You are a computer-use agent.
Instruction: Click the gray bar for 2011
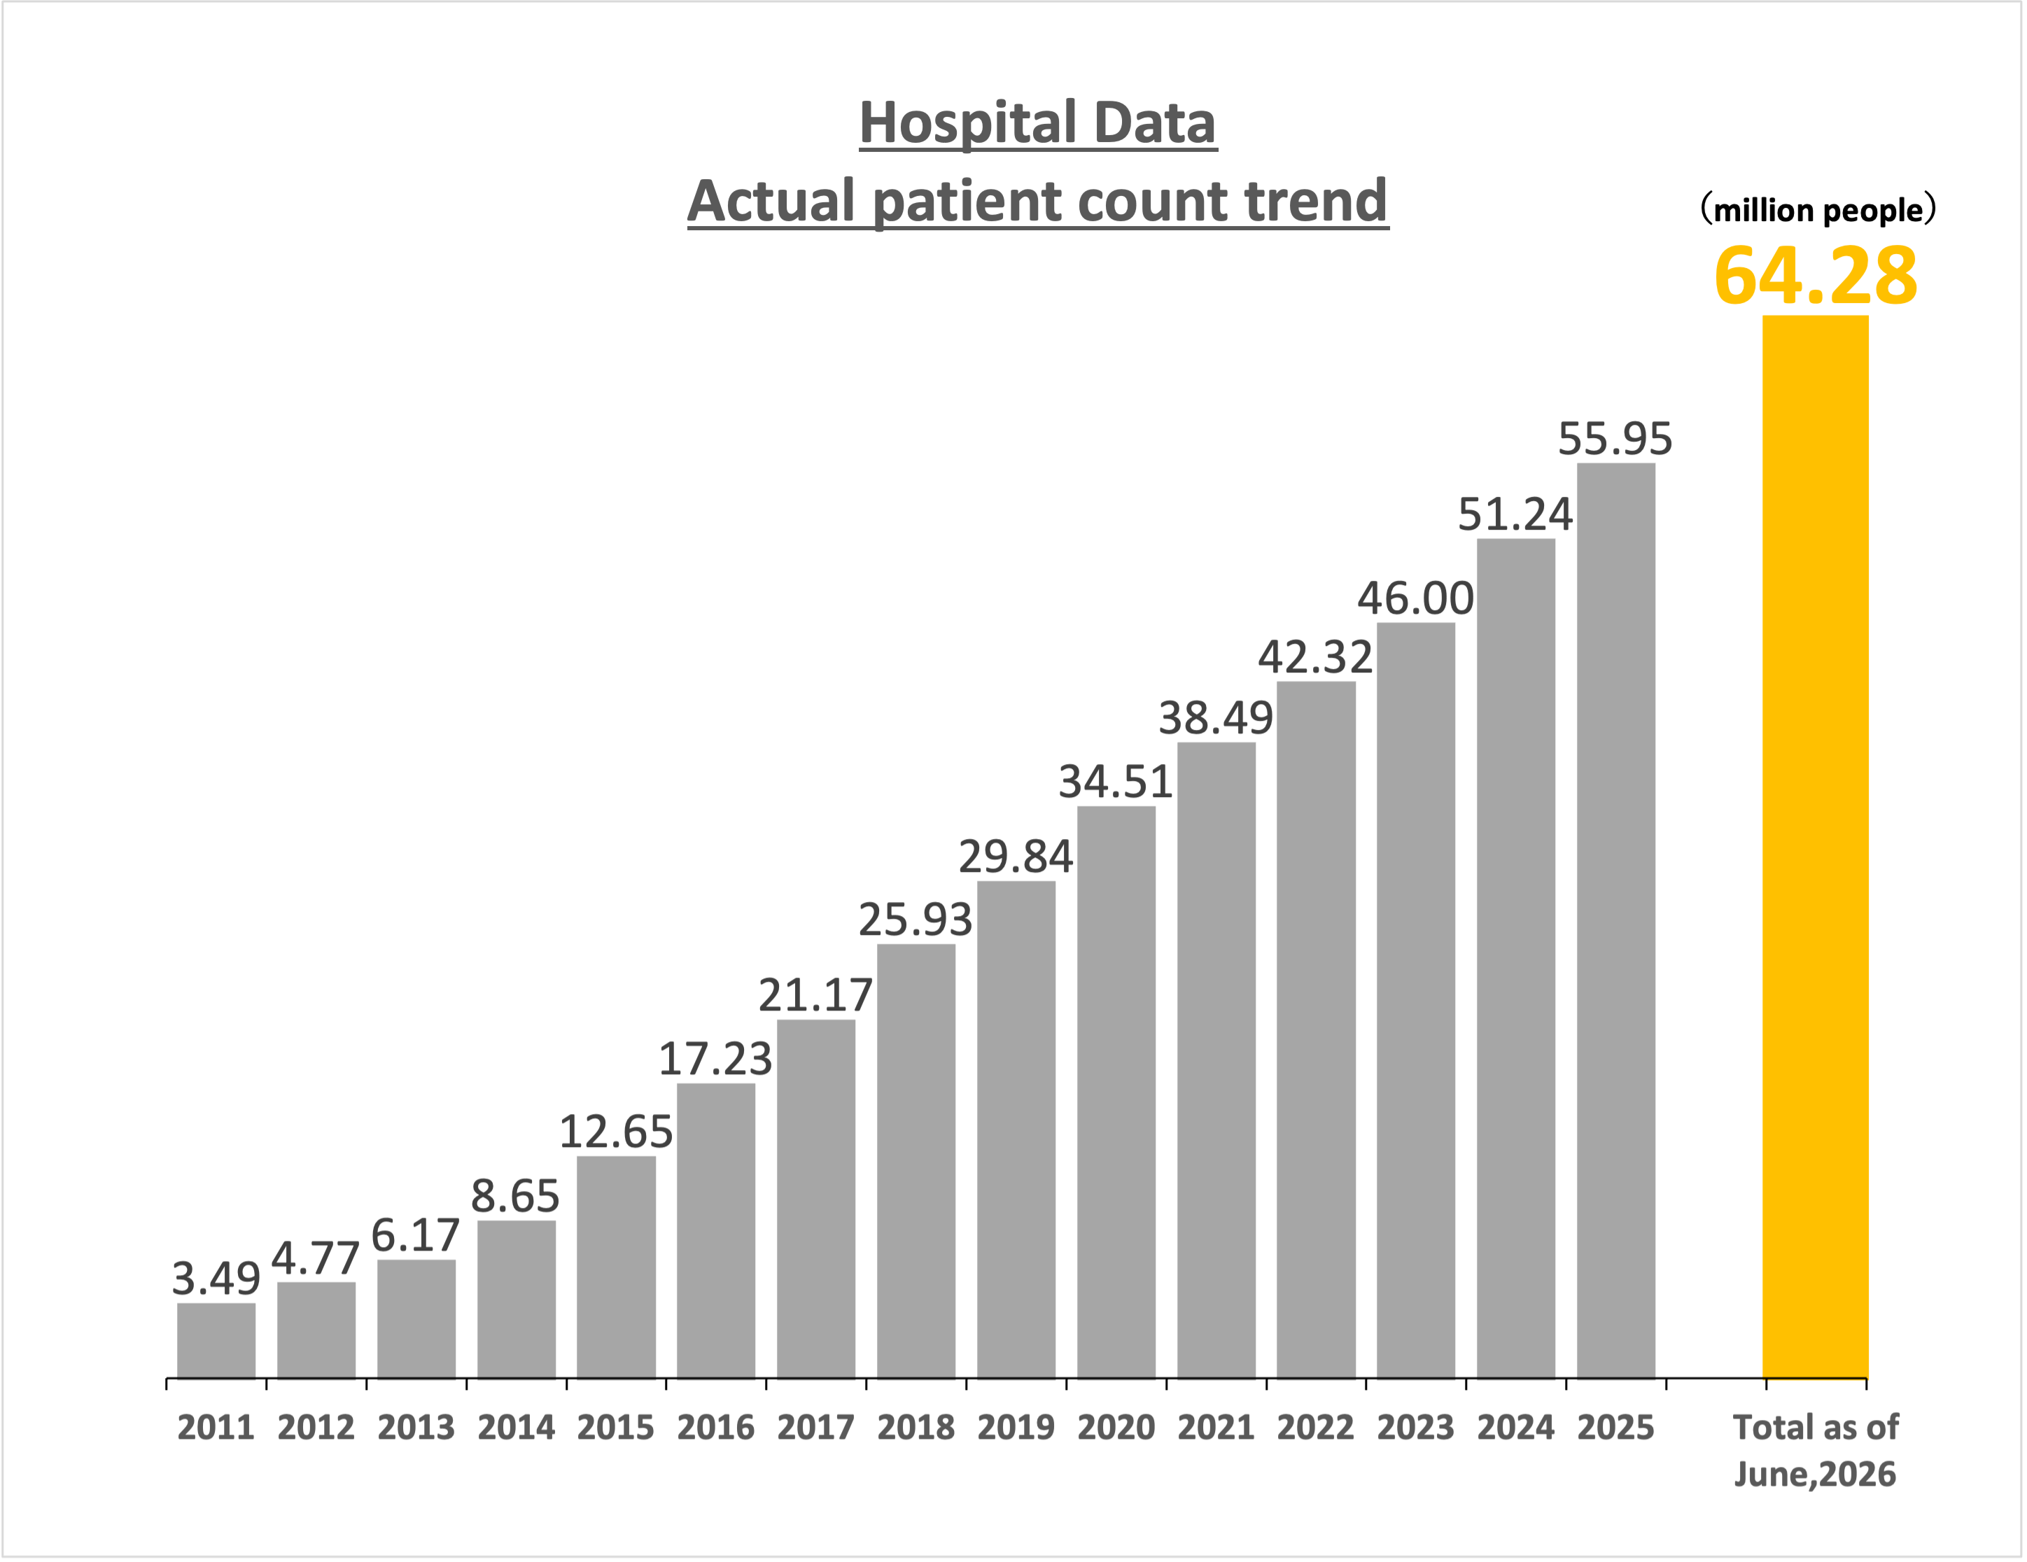(216, 1340)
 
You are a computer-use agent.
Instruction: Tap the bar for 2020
(1116, 1092)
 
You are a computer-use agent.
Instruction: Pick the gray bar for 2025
(1616, 921)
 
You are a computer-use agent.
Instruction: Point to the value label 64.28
(1816, 276)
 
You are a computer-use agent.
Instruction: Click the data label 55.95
(1615, 439)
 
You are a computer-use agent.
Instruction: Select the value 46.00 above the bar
(1415, 598)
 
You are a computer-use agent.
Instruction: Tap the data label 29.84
(1016, 857)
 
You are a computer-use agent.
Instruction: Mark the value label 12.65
(615, 1132)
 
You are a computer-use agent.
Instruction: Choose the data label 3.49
(216, 1279)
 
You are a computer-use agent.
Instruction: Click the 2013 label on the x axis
(416, 1428)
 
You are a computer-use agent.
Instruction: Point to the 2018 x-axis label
(916, 1428)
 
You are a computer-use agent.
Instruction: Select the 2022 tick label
(1315, 1428)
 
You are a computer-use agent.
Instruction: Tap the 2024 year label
(1515, 1428)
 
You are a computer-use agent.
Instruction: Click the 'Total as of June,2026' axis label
(1816, 1451)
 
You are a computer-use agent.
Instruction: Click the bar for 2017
(816, 1199)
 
